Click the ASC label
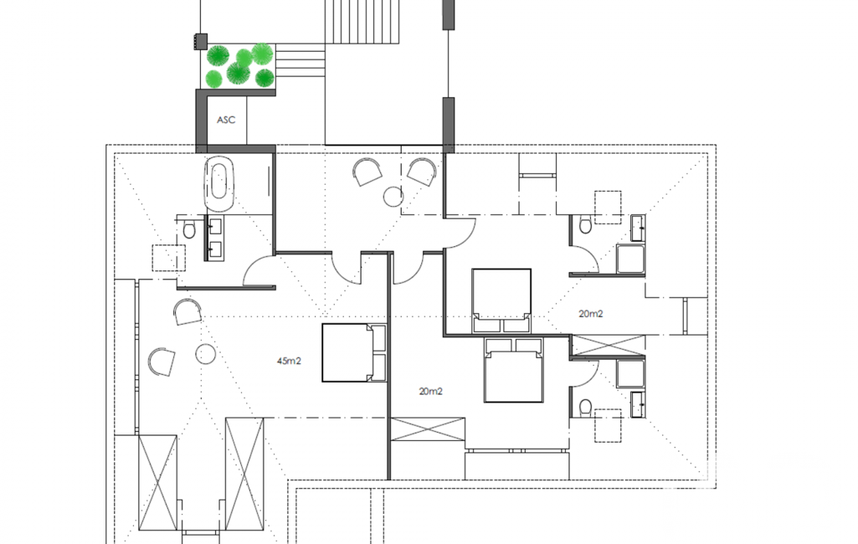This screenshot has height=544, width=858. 226,120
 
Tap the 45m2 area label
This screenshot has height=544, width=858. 289,362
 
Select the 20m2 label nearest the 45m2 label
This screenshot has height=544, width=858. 430,392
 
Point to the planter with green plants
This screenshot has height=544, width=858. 240,66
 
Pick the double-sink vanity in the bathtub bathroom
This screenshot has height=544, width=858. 214,238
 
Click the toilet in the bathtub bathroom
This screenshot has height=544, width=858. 189,230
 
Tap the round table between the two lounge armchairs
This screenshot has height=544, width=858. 393,197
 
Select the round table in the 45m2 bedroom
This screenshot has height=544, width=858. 206,354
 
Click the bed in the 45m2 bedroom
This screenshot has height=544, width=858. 354,352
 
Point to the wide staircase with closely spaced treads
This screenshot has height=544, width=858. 362,22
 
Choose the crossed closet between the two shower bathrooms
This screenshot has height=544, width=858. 608,346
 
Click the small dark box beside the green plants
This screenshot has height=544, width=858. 200,41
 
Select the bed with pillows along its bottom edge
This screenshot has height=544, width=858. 501,300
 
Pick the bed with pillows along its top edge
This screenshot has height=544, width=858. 513,370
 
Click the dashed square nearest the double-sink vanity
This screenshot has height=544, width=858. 169,258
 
